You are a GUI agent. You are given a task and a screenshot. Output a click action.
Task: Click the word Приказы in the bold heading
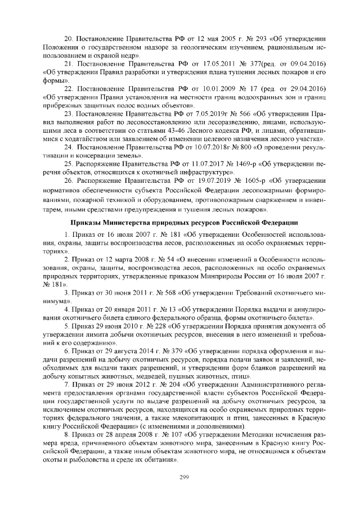[x=85, y=222]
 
